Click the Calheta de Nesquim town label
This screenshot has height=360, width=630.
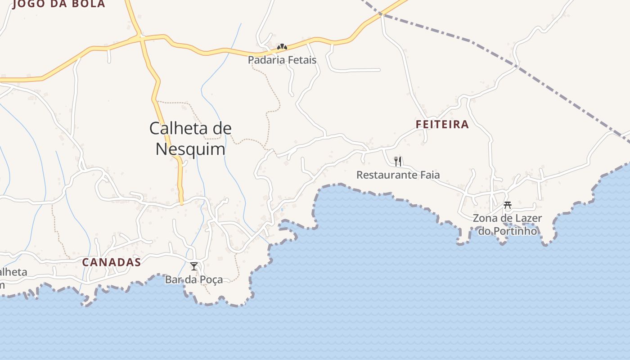click(x=190, y=139)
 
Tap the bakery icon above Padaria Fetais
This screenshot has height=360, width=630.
click(x=282, y=47)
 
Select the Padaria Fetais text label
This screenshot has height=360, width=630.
click(x=282, y=60)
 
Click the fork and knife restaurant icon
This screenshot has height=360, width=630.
click(x=398, y=161)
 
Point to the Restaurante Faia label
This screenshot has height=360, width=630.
click(x=398, y=175)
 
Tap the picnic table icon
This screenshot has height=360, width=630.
click(x=508, y=205)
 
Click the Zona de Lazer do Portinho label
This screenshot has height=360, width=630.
click(x=507, y=225)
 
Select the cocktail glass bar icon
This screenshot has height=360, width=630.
click(x=194, y=266)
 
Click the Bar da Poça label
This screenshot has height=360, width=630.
click(x=194, y=279)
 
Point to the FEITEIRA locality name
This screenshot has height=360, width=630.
click(x=442, y=125)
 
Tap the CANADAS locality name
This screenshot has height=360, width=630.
click(x=111, y=262)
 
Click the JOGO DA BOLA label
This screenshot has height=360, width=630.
click(x=59, y=4)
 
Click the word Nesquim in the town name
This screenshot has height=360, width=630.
click(x=190, y=149)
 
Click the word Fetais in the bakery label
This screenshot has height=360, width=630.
click(x=300, y=60)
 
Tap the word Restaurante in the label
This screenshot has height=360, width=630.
click(x=385, y=175)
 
